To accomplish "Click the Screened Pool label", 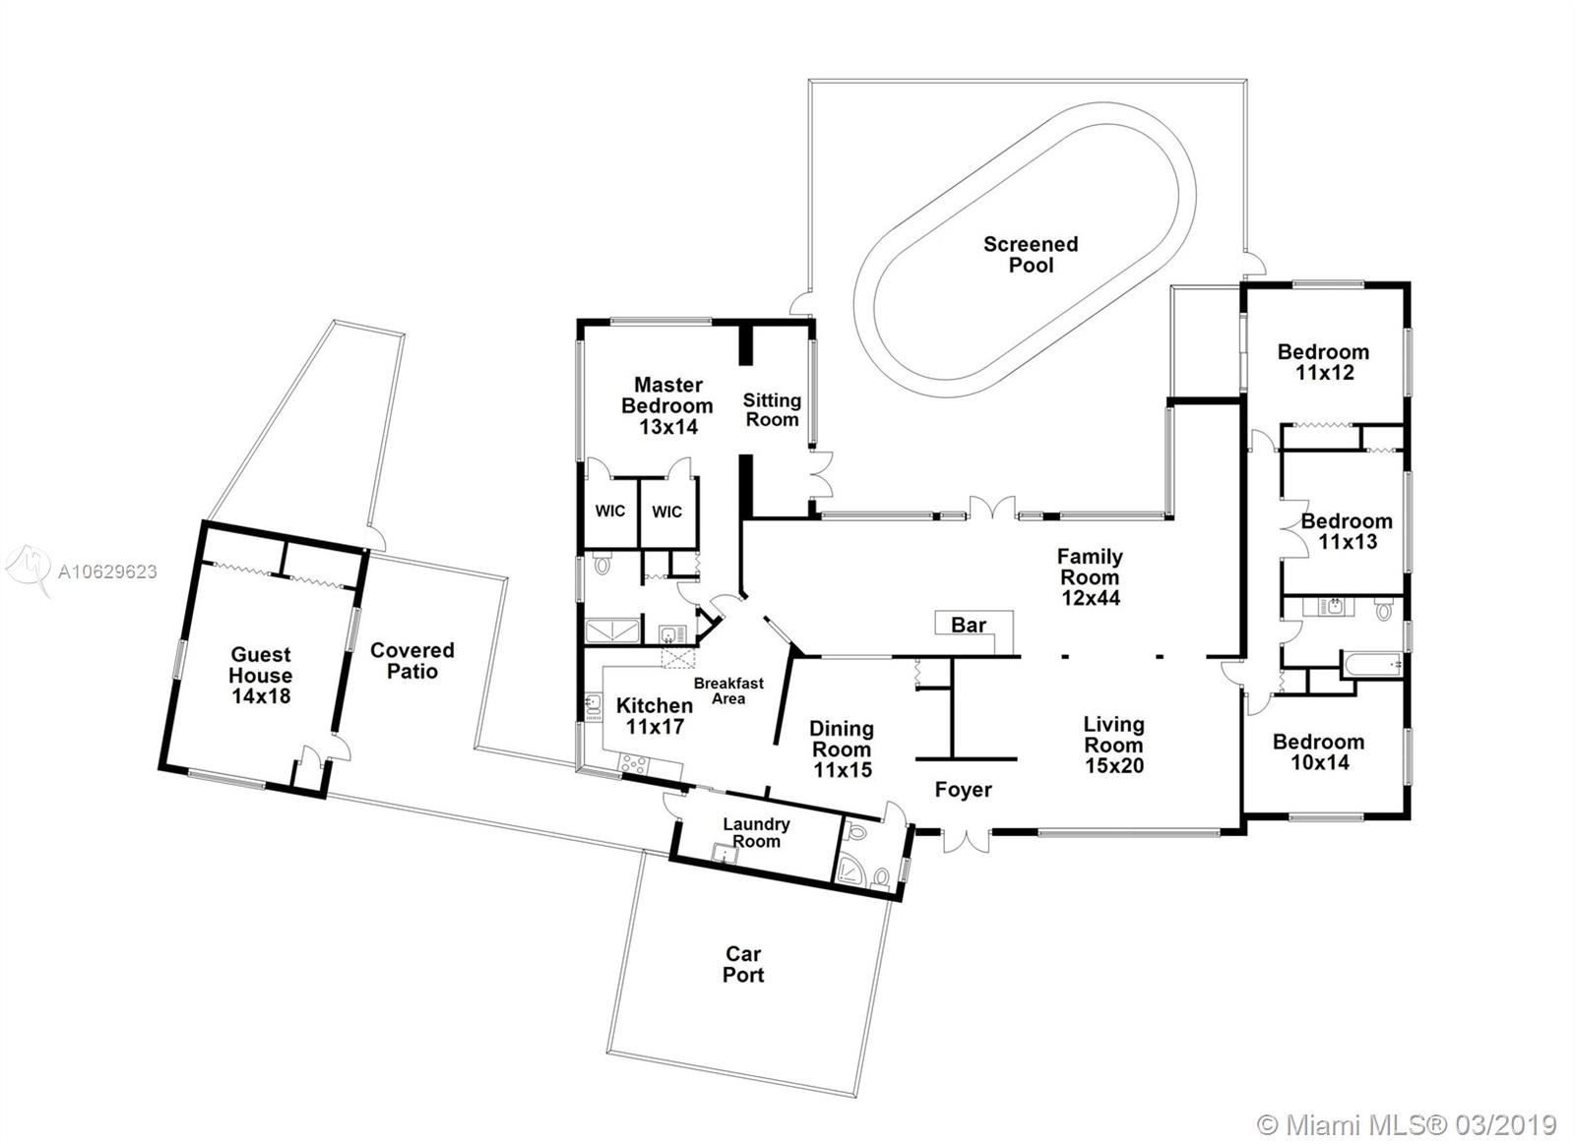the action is [1030, 255].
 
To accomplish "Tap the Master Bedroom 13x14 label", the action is [667, 405].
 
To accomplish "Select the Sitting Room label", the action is [772, 409].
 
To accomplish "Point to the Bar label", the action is [969, 625].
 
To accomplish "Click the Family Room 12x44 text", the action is [1090, 577].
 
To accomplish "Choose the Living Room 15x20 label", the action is [1113, 745].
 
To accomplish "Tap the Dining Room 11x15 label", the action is [842, 750].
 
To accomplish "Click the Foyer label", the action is [964, 790].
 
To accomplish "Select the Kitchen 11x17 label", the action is [655, 715].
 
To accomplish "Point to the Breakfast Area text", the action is [728, 691].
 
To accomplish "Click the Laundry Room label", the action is [756, 832].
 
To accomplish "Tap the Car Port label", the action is [743, 964].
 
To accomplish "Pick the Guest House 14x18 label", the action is [260, 675].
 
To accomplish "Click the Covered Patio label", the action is [412, 661].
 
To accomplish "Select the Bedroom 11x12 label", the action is [1324, 362].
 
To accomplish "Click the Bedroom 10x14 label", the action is [1319, 752].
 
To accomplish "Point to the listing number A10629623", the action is [107, 572].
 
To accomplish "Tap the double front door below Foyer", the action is [968, 842].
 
